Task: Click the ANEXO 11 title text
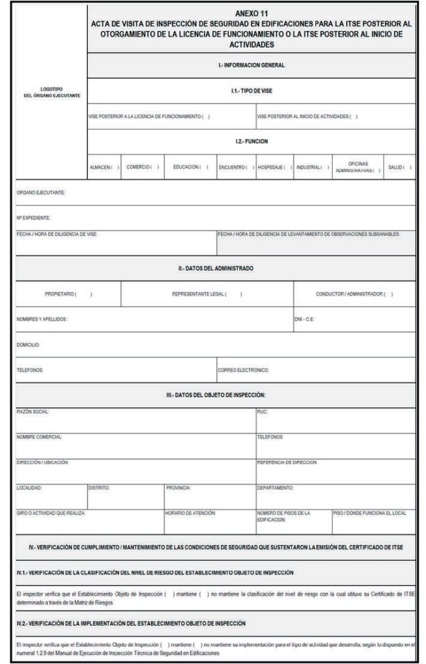click(x=251, y=12)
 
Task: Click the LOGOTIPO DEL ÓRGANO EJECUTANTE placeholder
click(x=51, y=91)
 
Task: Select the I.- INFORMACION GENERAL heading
click(x=251, y=65)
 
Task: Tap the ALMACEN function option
click(x=104, y=167)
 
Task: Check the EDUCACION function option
click(x=190, y=167)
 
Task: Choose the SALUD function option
click(x=399, y=167)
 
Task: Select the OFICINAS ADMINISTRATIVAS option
click(x=358, y=167)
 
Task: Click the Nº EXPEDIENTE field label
click(x=33, y=217)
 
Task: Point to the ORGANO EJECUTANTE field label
click(x=41, y=193)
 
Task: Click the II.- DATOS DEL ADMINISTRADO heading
click(x=216, y=268)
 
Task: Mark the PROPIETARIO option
click(x=68, y=294)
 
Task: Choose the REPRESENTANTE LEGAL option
click(x=207, y=294)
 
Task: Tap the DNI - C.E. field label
click(x=304, y=319)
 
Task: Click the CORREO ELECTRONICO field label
click(x=243, y=370)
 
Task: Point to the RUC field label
click(x=262, y=411)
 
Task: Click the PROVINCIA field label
click(x=178, y=487)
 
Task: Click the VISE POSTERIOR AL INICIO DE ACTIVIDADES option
click(x=307, y=117)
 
